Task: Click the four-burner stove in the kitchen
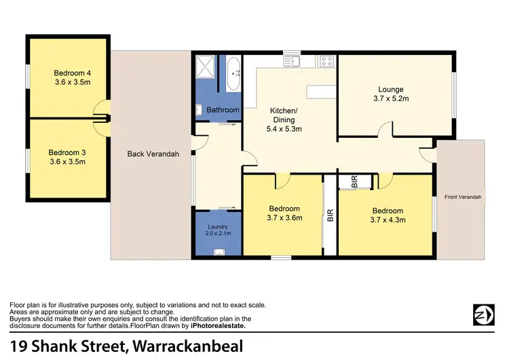pyautogui.click(x=327, y=61)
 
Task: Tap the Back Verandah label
pyautogui.click(x=153, y=154)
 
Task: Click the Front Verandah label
pyautogui.click(x=463, y=197)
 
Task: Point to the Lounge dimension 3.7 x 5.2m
pyautogui.click(x=391, y=99)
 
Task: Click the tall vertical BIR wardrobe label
pyautogui.click(x=331, y=216)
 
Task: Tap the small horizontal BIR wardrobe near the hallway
pyautogui.click(x=354, y=181)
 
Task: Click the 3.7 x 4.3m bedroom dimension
pyautogui.click(x=387, y=220)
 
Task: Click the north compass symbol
pyautogui.click(x=483, y=314)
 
